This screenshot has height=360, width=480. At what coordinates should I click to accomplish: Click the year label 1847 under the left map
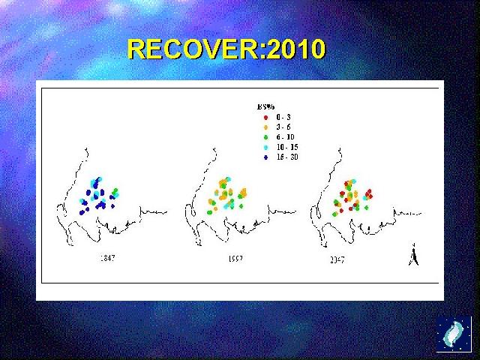coord(107,258)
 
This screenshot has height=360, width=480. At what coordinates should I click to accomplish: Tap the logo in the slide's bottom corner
coord(454,334)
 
